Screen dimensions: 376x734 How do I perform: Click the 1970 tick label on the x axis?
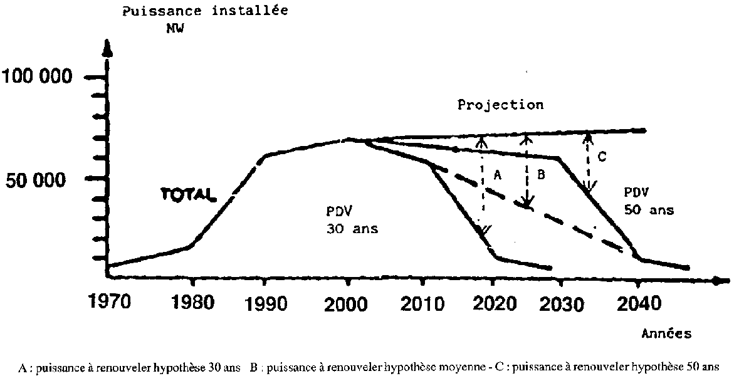point(110,303)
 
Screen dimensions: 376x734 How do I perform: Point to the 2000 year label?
point(346,304)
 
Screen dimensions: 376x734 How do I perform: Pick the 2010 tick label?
point(421,304)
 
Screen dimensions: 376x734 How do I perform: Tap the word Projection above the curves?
point(500,105)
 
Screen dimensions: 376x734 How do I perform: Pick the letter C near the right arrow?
point(601,157)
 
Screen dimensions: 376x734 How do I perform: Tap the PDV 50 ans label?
point(648,201)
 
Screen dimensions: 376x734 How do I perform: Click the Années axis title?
point(666,334)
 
